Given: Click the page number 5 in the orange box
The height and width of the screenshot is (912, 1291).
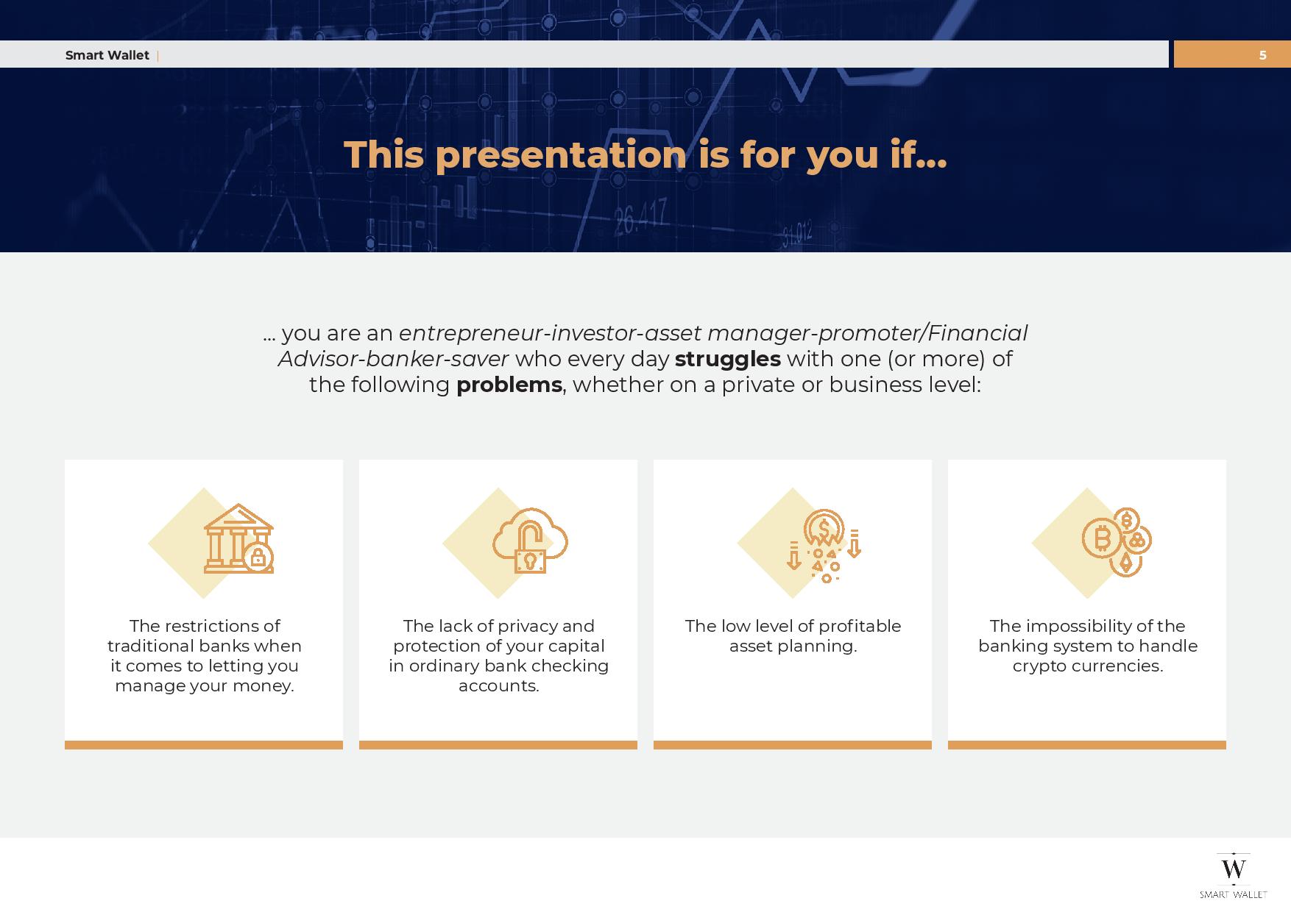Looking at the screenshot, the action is coord(1262,55).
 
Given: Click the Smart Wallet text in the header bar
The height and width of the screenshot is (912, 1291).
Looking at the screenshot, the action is coord(107,55).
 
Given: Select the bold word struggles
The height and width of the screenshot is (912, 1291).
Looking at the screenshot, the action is coord(727,359).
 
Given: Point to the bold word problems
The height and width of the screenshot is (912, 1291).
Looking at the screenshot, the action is coord(509,385).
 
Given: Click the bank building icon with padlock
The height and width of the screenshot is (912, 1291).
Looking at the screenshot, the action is coord(238,538).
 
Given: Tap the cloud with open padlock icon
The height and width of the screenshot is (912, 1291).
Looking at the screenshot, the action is coord(530,541).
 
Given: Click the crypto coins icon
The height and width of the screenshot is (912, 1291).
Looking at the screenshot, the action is coord(1117,541).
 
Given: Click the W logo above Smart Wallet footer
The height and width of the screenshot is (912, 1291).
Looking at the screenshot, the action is coord(1234,868).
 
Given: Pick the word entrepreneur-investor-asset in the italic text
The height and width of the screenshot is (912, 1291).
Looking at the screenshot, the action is coord(550,333).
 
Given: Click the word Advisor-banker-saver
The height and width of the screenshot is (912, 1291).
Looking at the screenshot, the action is coord(393,359).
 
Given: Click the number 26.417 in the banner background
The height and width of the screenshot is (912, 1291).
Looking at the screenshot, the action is coord(640,216).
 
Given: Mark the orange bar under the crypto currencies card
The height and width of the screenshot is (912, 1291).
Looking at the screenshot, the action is coord(1087,745).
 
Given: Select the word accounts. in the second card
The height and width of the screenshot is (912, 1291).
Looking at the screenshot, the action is coord(499,685).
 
